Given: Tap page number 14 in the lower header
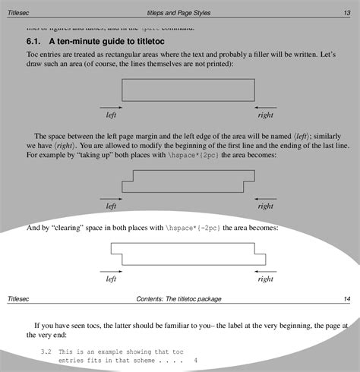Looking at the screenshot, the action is [x=346, y=299].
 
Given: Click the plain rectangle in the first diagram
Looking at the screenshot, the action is [x=188, y=90].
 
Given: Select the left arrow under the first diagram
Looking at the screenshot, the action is [x=111, y=107].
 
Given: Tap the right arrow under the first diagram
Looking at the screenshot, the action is [x=265, y=107].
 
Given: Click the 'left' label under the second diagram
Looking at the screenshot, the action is [x=111, y=206].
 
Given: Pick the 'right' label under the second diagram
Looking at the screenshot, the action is [x=265, y=206].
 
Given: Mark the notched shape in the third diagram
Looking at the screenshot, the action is [x=188, y=254].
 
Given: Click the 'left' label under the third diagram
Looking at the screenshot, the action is [x=111, y=279].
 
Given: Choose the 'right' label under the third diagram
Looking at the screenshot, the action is [x=265, y=279].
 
